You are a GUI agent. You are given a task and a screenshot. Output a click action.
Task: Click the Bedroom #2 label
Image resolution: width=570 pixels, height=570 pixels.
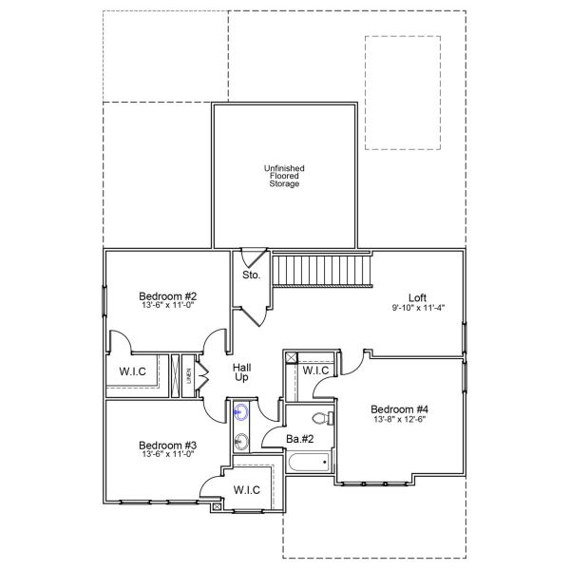[167, 295]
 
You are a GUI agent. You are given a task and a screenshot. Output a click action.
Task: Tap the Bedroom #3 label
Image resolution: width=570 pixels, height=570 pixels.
[167, 445]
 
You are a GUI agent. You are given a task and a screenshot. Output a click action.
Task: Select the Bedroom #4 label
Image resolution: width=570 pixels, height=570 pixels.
[396, 409]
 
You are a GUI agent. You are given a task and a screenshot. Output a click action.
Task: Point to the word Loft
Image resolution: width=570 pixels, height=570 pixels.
[417, 295]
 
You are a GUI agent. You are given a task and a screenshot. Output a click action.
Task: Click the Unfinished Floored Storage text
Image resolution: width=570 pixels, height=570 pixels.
[283, 176]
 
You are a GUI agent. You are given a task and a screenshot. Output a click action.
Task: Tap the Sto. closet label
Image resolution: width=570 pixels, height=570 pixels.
[251, 275]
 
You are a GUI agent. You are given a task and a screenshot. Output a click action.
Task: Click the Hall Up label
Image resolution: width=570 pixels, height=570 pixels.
[243, 372]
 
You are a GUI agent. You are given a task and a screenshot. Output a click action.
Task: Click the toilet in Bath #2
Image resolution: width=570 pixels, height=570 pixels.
[321, 418]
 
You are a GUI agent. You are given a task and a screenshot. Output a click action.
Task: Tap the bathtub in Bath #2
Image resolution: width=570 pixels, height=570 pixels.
[306, 464]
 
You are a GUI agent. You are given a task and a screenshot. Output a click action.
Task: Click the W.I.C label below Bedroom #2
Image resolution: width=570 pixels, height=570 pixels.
[133, 370]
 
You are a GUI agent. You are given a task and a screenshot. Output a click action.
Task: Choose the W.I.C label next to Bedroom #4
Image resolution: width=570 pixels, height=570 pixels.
[315, 370]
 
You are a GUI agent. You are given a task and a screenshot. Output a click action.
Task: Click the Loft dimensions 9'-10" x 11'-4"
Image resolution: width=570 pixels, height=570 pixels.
[418, 308]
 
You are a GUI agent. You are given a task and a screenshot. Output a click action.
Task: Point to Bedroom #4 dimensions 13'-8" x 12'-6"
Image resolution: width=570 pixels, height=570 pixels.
[396, 421]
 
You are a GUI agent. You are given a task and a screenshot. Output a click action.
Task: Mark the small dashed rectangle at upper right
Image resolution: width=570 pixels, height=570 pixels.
[403, 92]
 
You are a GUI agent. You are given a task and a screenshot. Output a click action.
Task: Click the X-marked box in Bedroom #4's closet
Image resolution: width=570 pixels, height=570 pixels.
[291, 357]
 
